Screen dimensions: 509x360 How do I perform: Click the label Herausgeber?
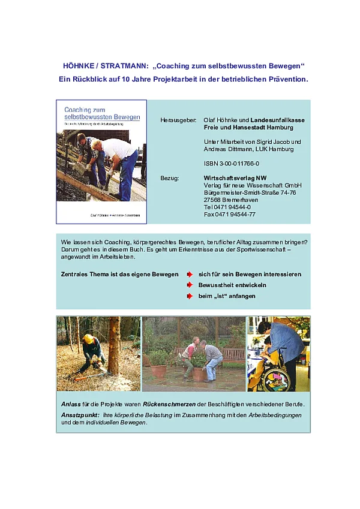tap(178, 120)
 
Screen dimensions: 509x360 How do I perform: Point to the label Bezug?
tap(170, 178)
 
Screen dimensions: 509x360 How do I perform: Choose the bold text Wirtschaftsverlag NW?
tap(235, 178)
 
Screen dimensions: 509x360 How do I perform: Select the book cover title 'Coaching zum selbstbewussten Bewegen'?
tap(101, 113)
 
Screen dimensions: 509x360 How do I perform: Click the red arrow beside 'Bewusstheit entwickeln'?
tap(190, 285)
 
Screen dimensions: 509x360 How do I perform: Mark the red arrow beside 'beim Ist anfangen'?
tap(190, 296)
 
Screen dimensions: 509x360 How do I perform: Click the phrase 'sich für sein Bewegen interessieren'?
tap(250, 275)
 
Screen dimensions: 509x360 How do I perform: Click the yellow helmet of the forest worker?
tap(88, 339)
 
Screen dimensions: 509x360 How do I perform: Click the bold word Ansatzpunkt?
tap(80, 415)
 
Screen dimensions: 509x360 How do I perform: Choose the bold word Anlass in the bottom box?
tap(70, 403)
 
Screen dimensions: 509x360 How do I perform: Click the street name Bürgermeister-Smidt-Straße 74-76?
tap(250, 192)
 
